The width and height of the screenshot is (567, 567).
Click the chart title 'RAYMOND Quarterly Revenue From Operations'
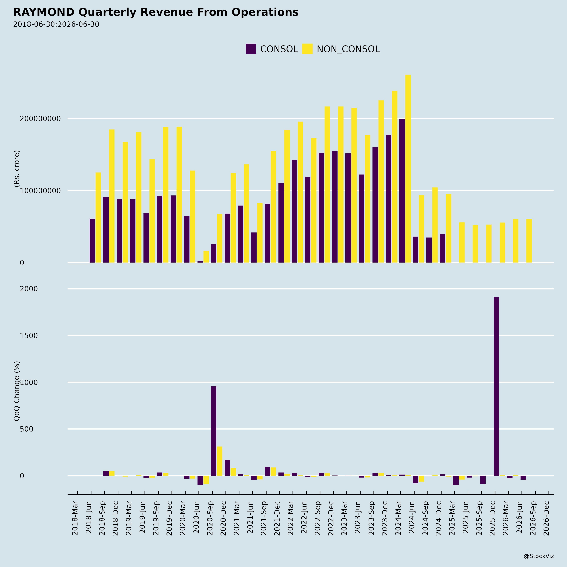pos(156,12)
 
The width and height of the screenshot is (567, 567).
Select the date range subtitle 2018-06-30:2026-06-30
pos(56,24)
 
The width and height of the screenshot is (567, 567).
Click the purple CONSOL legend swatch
pos(251,49)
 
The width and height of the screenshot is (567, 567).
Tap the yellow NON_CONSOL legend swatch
pos(307,49)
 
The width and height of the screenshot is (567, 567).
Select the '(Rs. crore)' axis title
pos(17,169)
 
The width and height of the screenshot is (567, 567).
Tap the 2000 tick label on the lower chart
pos(29,289)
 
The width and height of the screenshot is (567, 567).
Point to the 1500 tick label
pos(29,336)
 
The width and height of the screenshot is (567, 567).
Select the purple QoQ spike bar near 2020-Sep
pos(214,431)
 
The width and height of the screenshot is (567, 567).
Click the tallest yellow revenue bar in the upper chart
pos(408,169)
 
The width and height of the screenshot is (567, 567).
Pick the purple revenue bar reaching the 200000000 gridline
pos(402,191)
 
